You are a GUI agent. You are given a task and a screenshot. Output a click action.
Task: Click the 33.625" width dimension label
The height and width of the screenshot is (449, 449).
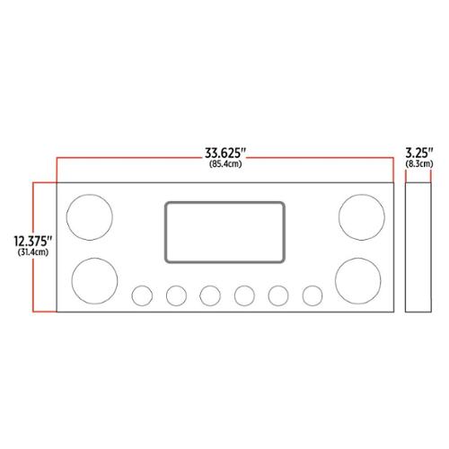point(225,154)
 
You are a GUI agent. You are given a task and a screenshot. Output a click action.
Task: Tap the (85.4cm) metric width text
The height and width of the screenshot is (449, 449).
point(225,164)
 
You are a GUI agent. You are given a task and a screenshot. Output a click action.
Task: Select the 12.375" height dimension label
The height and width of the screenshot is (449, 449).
point(33,242)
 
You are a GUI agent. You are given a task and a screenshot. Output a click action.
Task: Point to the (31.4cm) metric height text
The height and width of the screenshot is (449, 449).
point(33,252)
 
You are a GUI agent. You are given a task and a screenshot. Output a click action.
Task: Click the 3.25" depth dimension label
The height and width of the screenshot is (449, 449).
point(419,153)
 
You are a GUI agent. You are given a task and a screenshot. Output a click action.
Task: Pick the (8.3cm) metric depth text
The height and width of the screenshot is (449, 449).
point(419,163)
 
